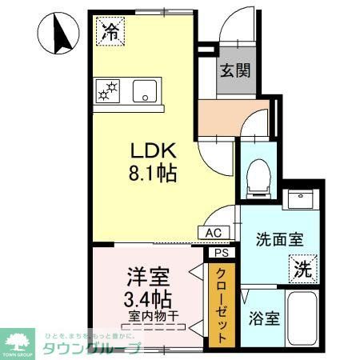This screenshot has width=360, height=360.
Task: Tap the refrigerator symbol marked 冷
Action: click(x=110, y=32)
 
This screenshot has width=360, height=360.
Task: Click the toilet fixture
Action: click(x=258, y=178)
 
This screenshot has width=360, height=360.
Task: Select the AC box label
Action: click(x=214, y=233)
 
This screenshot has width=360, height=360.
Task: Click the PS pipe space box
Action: click(x=221, y=252)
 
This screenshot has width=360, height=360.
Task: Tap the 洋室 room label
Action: click(x=146, y=278)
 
